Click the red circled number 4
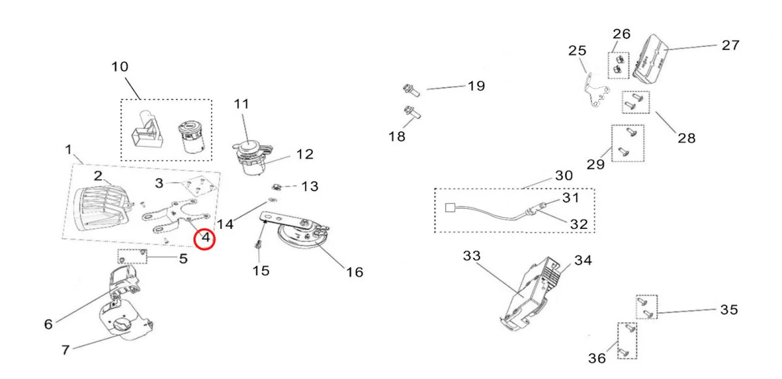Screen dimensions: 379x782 pos(206,238)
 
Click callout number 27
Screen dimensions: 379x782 pos(730,46)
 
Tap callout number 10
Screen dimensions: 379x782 pos(120,67)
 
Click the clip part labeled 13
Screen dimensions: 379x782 pos(278,187)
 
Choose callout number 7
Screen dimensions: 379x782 pos(65,350)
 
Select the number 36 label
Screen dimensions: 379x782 pos(597,358)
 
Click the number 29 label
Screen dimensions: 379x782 pos(596,164)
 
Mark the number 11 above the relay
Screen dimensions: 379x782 pos(242,104)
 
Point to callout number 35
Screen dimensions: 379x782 pos(729,310)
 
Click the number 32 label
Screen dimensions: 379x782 pos(579,224)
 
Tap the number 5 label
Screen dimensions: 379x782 pos(184,259)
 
